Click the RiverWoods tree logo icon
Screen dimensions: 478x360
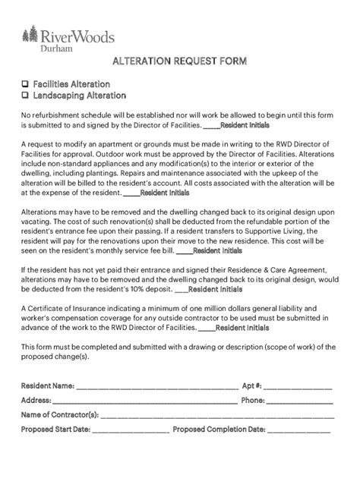click(x=30, y=36)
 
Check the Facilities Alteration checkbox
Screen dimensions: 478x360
click(x=25, y=84)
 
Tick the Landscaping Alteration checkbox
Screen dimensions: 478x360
click(x=25, y=96)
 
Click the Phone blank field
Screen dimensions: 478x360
click(x=300, y=401)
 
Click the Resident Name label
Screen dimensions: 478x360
click(x=48, y=386)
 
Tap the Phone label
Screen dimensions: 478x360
click(x=253, y=401)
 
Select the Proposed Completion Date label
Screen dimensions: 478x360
click(x=219, y=429)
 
